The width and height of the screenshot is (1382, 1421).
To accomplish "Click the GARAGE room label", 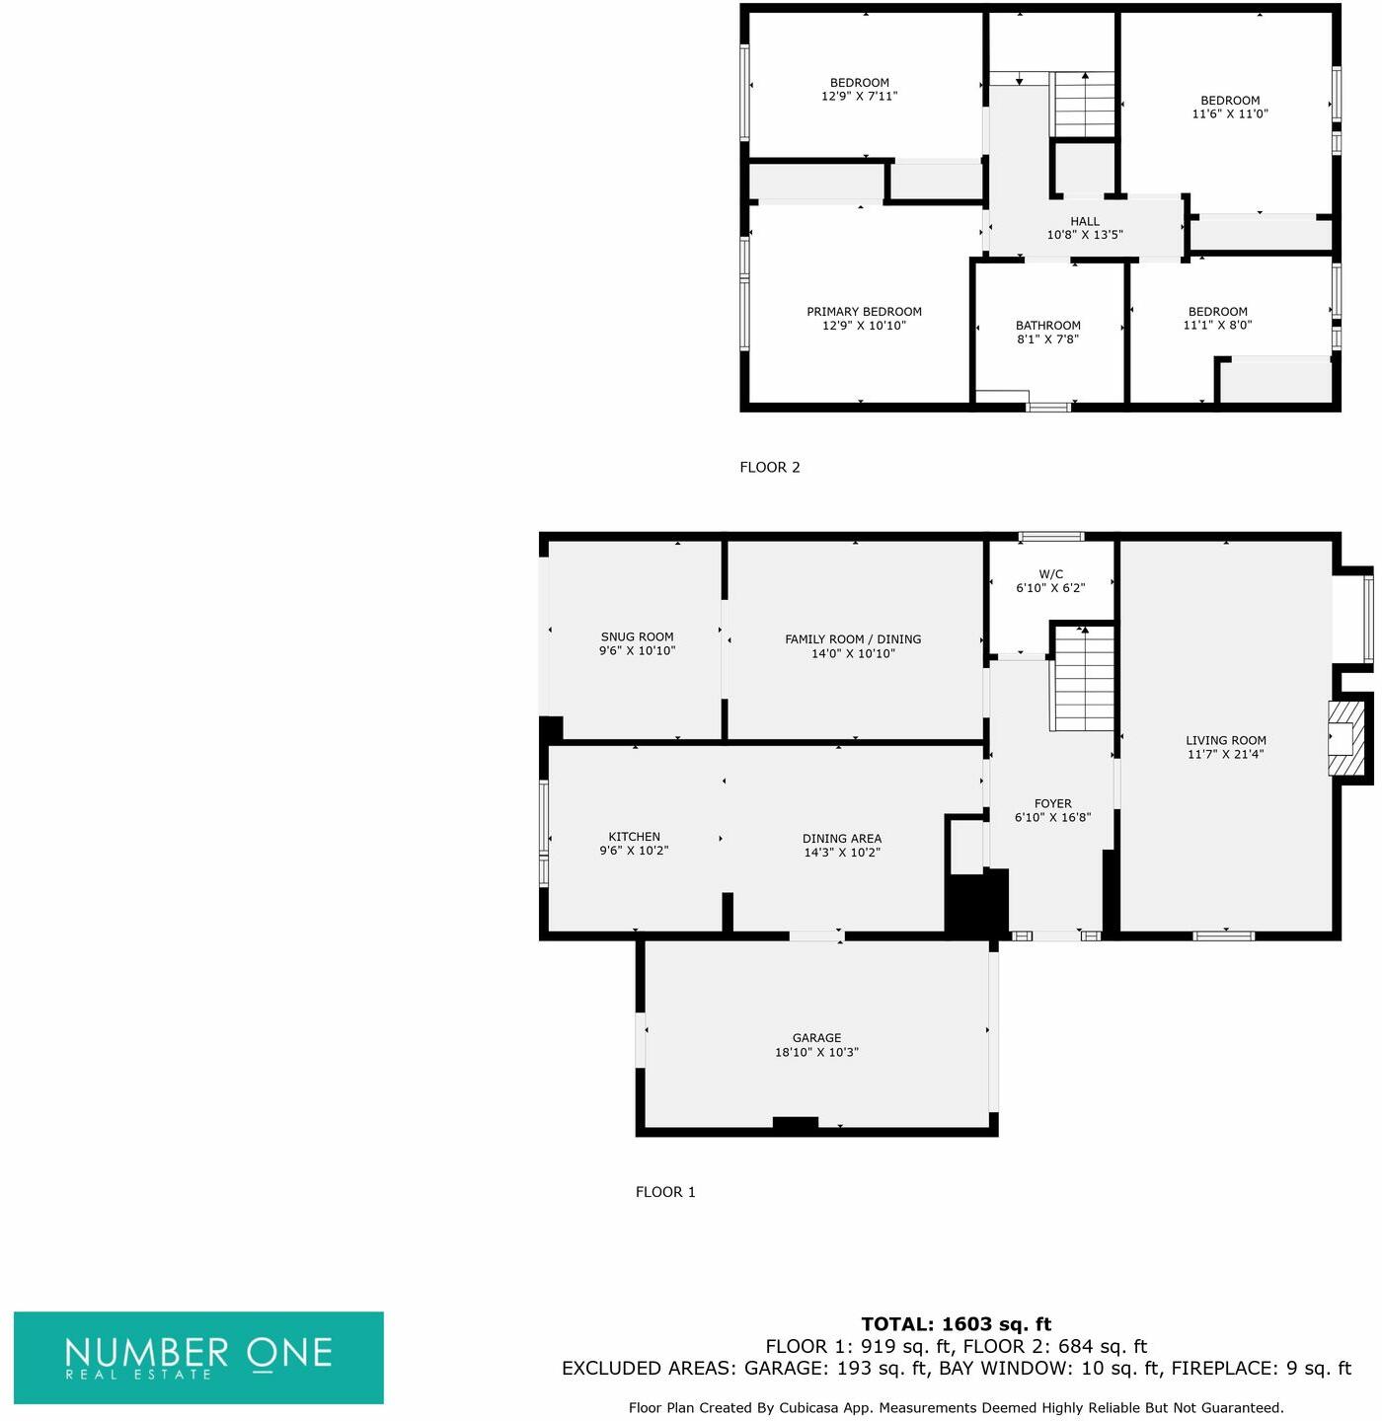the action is click(x=816, y=1038).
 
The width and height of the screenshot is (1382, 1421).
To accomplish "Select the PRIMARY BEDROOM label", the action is click(x=864, y=312).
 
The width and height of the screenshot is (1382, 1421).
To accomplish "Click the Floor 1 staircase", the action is click(x=1082, y=678).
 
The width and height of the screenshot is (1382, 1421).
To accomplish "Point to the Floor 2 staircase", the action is click(x=1082, y=104).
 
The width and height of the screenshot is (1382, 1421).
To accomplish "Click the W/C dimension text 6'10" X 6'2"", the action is click(x=1050, y=588).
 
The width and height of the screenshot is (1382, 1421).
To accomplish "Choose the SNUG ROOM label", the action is click(x=637, y=636).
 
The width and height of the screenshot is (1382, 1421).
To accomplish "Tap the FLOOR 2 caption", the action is click(x=770, y=468).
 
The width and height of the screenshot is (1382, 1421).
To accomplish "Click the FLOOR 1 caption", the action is click(x=665, y=1192).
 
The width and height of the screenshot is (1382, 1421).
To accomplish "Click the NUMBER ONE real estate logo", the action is click(x=198, y=1358).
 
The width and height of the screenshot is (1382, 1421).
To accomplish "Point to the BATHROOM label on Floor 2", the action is click(x=1047, y=326).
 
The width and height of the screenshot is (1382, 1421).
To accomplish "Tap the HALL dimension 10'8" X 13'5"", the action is click(x=1085, y=235).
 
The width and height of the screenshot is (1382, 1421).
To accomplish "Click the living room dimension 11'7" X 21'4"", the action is click(x=1226, y=754).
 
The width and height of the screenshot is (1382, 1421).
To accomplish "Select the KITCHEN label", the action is click(x=634, y=837).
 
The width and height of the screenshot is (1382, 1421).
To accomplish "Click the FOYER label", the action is click(x=1052, y=803).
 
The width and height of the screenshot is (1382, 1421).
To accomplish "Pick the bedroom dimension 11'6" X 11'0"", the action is click(x=1230, y=113).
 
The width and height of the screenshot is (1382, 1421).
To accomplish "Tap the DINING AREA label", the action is click(x=841, y=838).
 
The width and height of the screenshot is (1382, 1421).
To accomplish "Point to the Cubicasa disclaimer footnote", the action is click(x=957, y=1408).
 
